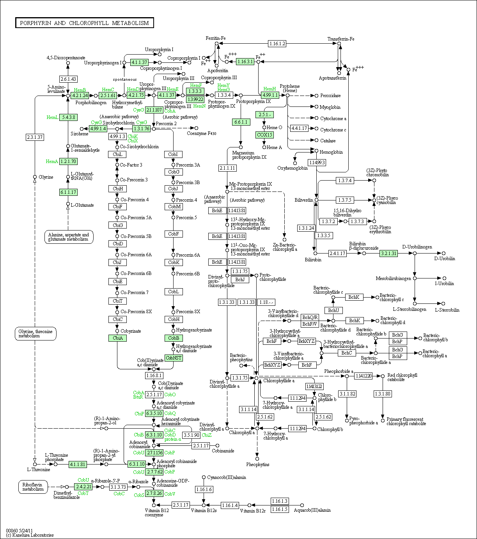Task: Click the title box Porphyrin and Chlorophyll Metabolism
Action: pyautogui.click(x=85, y=23)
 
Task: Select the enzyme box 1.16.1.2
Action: pyautogui.click(x=277, y=44)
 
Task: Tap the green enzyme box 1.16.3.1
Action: pyautogui.click(x=245, y=62)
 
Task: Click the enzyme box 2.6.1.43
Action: pyautogui.click(x=68, y=79)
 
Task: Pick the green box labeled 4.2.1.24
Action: pyautogui.click(x=80, y=96)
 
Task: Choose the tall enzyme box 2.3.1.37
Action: pyautogui.click(x=35, y=137)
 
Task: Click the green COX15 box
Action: pyautogui.click(x=264, y=135)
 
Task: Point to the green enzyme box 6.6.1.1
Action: pyautogui.click(x=241, y=122)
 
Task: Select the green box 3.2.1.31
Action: pyautogui.click(x=388, y=253)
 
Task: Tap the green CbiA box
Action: pyautogui.click(x=118, y=338)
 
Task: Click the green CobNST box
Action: pyautogui.click(x=174, y=358)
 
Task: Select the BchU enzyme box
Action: pyautogui.click(x=333, y=310)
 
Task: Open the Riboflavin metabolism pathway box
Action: pyautogui.click(x=33, y=487)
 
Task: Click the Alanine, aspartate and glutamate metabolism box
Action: pyautogui.click(x=69, y=237)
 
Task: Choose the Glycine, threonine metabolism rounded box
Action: pyautogui.click(x=36, y=333)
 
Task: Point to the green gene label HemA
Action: pyautogui.click(x=52, y=161)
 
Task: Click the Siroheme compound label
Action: pyautogui.click(x=80, y=134)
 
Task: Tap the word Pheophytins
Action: pyautogui.click(x=257, y=465)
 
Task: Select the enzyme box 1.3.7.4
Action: pyautogui.click(x=345, y=181)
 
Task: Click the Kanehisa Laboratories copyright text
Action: pyautogui.click(x=30, y=535)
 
